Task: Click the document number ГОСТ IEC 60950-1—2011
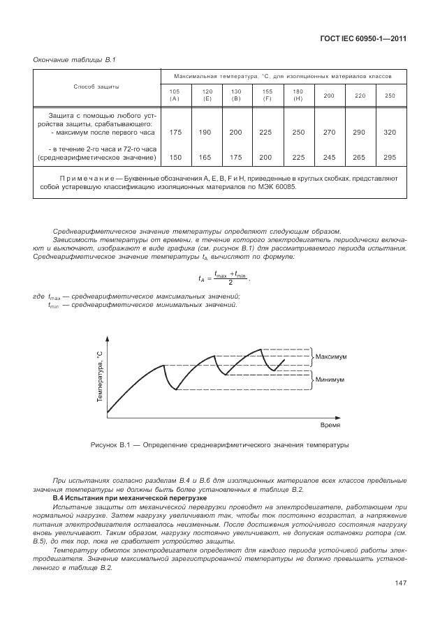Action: coord(363,38)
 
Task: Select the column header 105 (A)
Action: coord(175,95)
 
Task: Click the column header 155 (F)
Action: coord(267,95)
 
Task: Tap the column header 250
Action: coord(390,95)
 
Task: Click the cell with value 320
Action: coord(390,132)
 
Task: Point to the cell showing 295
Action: coord(390,158)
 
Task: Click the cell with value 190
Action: coord(207,132)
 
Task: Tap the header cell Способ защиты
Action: coord(96,87)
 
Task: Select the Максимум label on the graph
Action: coord(331,357)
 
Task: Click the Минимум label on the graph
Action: coord(330,380)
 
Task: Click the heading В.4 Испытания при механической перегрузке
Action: coord(126,499)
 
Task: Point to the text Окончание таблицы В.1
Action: coord(75,59)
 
